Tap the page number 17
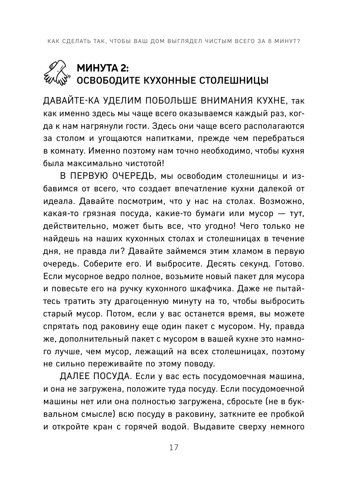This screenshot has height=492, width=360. (x=174, y=447)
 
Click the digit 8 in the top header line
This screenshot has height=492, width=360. (x=267, y=41)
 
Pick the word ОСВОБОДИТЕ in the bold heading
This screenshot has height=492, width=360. (x=104, y=80)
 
